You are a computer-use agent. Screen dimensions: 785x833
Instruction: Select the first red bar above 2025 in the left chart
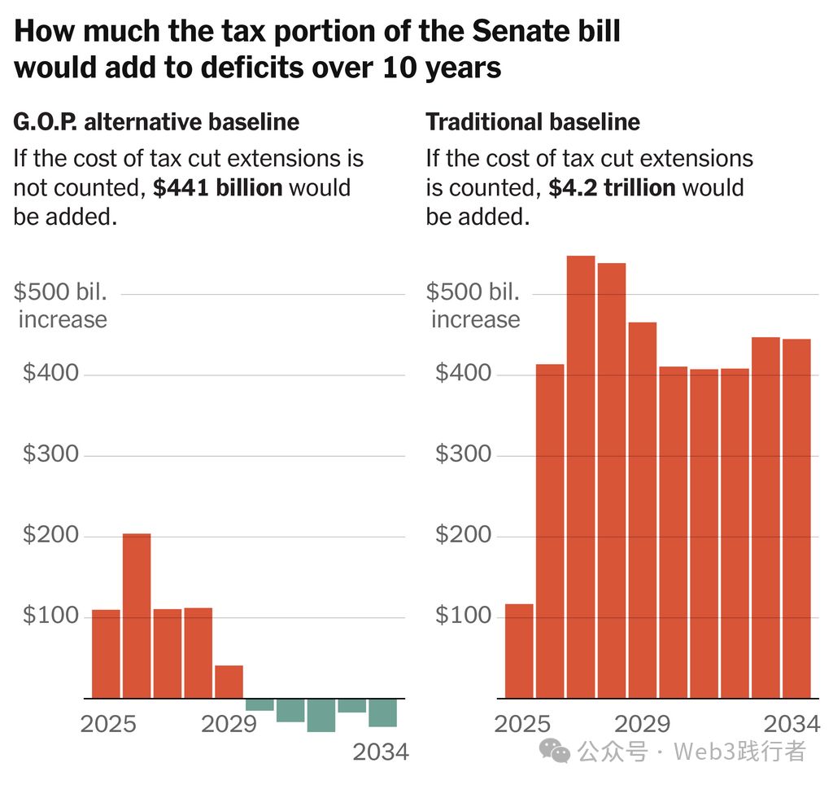pyautogui.click(x=106, y=654)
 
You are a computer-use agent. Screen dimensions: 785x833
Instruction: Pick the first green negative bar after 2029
pyautogui.click(x=259, y=704)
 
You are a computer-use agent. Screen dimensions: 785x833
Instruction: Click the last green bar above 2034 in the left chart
pyautogui.click(x=382, y=713)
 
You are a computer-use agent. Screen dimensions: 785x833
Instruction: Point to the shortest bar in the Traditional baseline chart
pyautogui.click(x=519, y=651)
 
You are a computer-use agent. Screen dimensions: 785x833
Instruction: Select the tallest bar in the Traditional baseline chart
pyautogui.click(x=580, y=476)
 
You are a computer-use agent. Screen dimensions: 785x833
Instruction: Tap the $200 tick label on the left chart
pyautogui.click(x=50, y=535)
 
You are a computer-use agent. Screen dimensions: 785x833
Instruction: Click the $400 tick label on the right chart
pyautogui.click(x=464, y=374)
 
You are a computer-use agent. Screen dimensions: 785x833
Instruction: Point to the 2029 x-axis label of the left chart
pyautogui.click(x=229, y=724)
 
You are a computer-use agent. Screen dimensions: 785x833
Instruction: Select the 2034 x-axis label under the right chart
pyautogui.click(x=791, y=724)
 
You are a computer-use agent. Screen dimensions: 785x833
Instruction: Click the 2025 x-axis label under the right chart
pyautogui.click(x=522, y=724)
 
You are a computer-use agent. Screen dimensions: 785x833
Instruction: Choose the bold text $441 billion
pyautogui.click(x=218, y=187)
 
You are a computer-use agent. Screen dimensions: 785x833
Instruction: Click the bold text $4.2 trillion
pyautogui.click(x=612, y=187)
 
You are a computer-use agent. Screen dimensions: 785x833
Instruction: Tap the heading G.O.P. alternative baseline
pyautogui.click(x=156, y=122)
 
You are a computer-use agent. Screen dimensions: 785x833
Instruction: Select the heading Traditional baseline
pyautogui.click(x=533, y=122)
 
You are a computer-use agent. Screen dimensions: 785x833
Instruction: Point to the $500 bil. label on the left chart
pyautogui.click(x=61, y=292)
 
